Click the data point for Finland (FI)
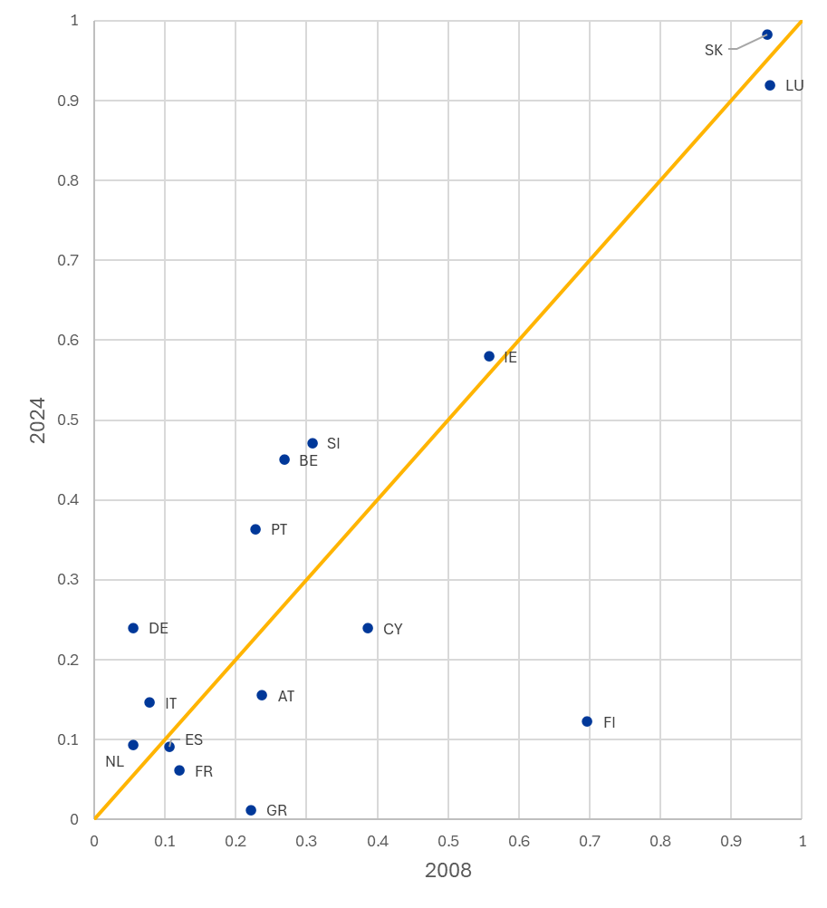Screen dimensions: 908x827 (x=587, y=721)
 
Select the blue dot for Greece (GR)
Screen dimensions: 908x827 (x=251, y=810)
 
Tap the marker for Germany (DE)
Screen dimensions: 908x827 (x=133, y=628)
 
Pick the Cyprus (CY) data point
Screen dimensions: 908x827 (x=368, y=628)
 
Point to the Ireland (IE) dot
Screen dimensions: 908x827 (x=489, y=356)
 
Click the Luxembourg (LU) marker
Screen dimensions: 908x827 (x=770, y=85)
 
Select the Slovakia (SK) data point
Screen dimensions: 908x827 (x=767, y=34)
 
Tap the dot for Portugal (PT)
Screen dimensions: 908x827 (x=255, y=529)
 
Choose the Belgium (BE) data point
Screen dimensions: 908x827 (x=284, y=459)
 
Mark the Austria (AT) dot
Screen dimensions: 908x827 (x=262, y=695)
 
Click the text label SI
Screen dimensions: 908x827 (x=333, y=444)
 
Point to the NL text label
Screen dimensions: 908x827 (x=114, y=762)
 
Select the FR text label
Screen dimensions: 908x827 (x=204, y=772)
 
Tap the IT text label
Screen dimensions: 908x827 (x=171, y=704)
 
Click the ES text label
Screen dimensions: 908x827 (x=194, y=740)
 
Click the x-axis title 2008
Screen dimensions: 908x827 (x=448, y=871)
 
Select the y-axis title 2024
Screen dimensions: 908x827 (x=37, y=420)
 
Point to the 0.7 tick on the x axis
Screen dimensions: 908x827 (x=590, y=841)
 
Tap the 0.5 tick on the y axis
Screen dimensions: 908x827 (x=69, y=420)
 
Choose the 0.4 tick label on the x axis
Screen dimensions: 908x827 (x=378, y=841)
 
